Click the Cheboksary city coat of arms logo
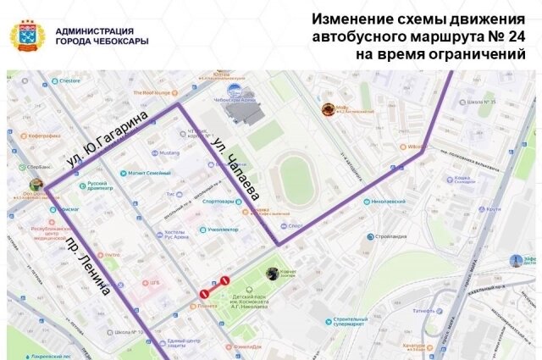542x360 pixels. [27, 36]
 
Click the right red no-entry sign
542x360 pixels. [225, 280]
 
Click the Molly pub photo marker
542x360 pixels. [328, 109]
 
